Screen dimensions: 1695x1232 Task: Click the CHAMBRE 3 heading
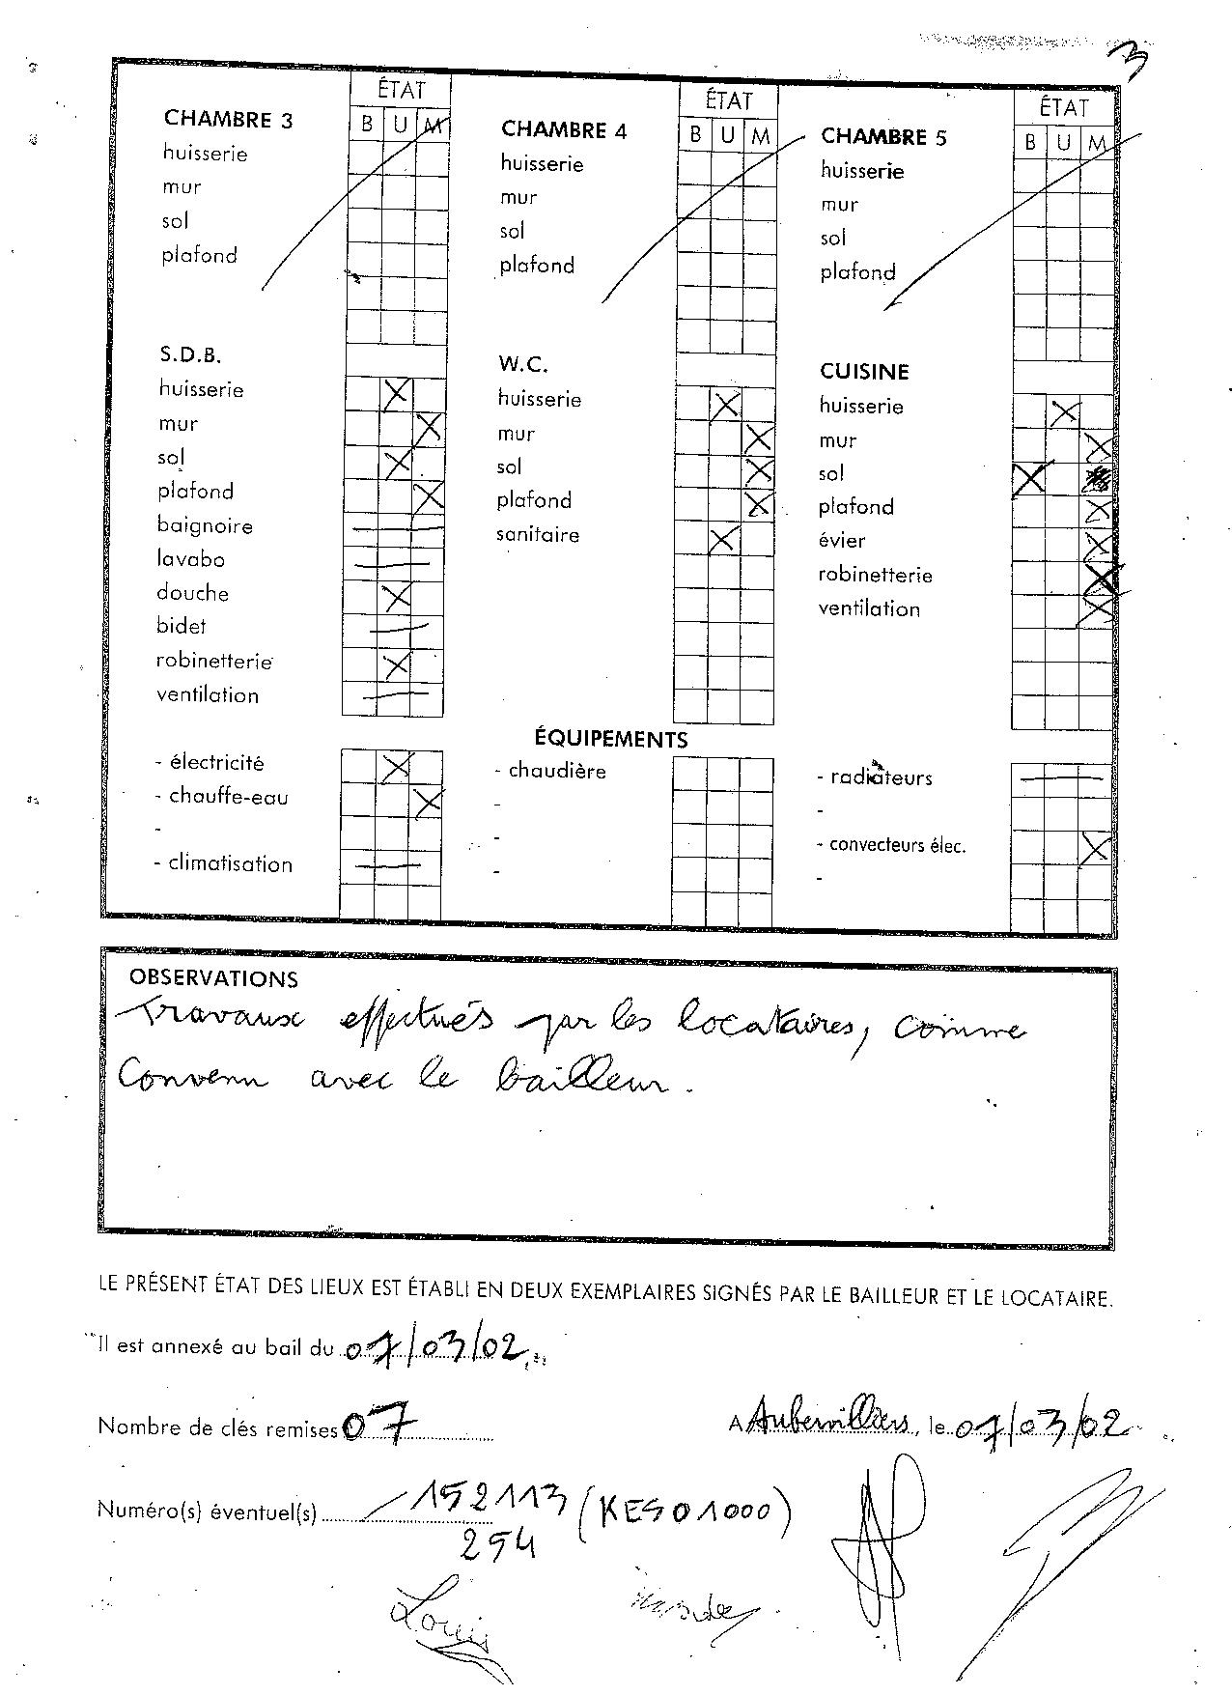click(228, 120)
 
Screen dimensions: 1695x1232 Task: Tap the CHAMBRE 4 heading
click(564, 130)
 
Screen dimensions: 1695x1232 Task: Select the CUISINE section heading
click(864, 372)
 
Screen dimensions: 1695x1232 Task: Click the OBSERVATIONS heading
click(213, 978)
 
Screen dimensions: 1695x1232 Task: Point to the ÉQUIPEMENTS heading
click(611, 740)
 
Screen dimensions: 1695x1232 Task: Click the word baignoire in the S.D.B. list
click(205, 526)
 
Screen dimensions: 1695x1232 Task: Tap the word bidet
click(182, 626)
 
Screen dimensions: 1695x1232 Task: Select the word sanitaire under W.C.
click(538, 535)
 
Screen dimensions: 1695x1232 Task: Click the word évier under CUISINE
click(842, 541)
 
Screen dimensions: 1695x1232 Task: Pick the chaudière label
click(557, 771)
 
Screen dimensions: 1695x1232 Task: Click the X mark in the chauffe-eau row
click(427, 801)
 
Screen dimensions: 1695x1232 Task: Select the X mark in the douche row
click(396, 597)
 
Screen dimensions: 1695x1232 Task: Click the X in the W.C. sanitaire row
click(723, 539)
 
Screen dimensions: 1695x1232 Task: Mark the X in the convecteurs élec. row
click(1094, 850)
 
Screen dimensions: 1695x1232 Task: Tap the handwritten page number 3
click(1131, 66)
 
